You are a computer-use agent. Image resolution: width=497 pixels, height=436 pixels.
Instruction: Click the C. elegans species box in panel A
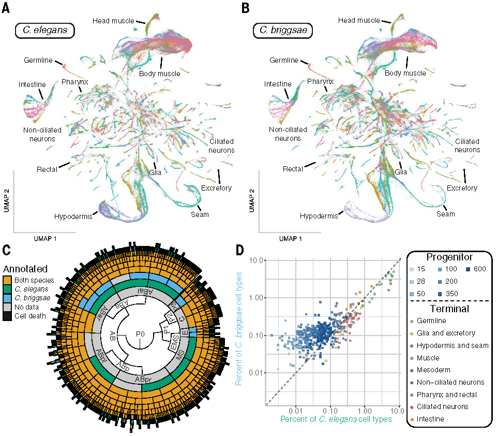pos(45,30)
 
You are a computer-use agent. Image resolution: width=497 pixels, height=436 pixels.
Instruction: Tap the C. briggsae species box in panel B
pos(283,30)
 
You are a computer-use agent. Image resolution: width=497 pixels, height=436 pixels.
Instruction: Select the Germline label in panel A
pos(37,61)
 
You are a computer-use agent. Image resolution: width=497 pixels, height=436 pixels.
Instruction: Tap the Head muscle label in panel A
pos(112,21)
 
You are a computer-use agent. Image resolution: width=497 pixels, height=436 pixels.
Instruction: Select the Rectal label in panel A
pos(47,169)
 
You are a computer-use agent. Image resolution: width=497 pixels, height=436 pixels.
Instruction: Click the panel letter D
pos(241,249)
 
